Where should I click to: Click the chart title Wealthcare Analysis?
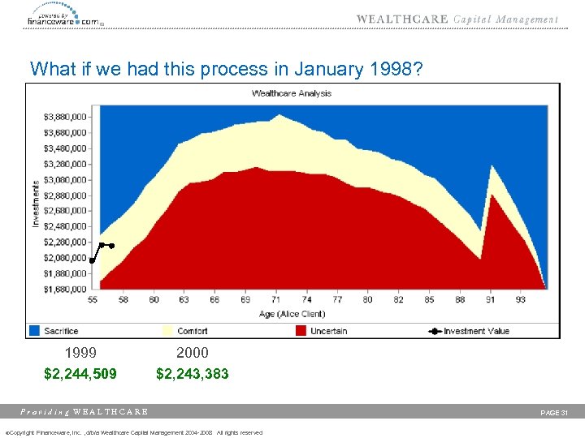(292, 93)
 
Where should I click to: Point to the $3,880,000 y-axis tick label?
(65, 118)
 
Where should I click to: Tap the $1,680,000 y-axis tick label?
(65, 290)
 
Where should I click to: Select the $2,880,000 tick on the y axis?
(65, 195)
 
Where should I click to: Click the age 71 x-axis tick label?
(276, 300)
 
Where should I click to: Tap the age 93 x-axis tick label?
(519, 300)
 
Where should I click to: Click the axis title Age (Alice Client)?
(292, 314)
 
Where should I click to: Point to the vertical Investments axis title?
(36, 203)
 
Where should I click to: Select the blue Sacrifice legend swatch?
(34, 331)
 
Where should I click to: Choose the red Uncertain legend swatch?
(301, 331)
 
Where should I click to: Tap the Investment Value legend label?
(476, 331)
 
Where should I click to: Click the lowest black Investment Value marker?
(92, 261)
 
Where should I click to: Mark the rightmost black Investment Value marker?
(112, 245)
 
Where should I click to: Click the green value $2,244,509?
(80, 374)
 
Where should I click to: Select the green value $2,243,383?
(193, 374)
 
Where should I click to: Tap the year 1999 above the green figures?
(80, 353)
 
